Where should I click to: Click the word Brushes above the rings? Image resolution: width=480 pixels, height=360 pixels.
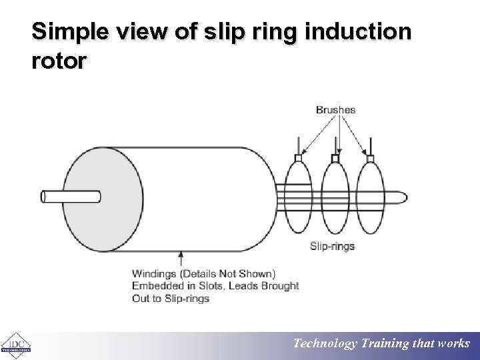(x=335, y=110)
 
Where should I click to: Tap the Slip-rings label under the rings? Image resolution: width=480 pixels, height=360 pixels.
(x=332, y=246)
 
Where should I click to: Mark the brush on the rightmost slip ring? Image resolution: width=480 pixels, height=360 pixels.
(x=371, y=158)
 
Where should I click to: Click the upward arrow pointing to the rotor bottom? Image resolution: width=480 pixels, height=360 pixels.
(x=181, y=259)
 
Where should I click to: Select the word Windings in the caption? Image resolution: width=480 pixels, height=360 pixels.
(x=155, y=274)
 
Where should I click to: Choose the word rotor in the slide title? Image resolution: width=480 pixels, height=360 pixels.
(x=59, y=61)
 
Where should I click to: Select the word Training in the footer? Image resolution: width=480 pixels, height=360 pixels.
(x=387, y=344)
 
